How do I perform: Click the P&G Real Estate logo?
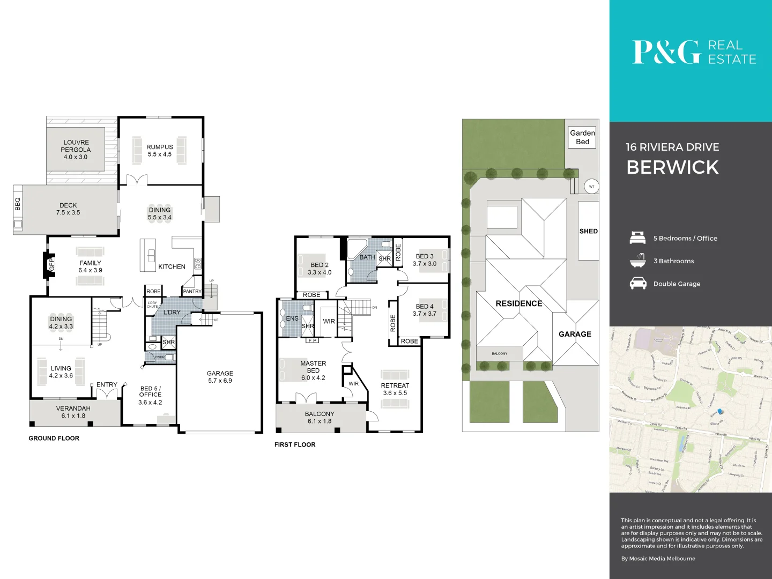click(x=694, y=52)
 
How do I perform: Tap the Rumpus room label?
click(x=160, y=150)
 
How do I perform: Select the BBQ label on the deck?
click(x=18, y=204)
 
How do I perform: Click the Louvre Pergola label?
click(x=76, y=150)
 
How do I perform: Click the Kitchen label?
click(x=172, y=266)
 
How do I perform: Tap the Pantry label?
click(x=192, y=291)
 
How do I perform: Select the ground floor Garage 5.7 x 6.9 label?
click(x=220, y=377)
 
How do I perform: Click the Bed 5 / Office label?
click(x=150, y=395)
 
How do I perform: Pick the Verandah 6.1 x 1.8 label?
click(x=73, y=412)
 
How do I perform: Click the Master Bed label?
click(x=313, y=370)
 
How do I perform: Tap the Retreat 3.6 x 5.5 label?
click(x=395, y=389)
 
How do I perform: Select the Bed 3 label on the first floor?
click(x=425, y=260)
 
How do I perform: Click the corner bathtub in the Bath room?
click(x=355, y=248)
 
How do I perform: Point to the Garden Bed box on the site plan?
click(x=582, y=137)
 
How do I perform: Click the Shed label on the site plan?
click(x=588, y=231)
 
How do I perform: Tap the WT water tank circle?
click(x=591, y=187)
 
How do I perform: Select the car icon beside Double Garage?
click(x=638, y=283)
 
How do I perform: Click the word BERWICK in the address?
click(x=672, y=167)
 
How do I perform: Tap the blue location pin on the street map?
click(x=720, y=411)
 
